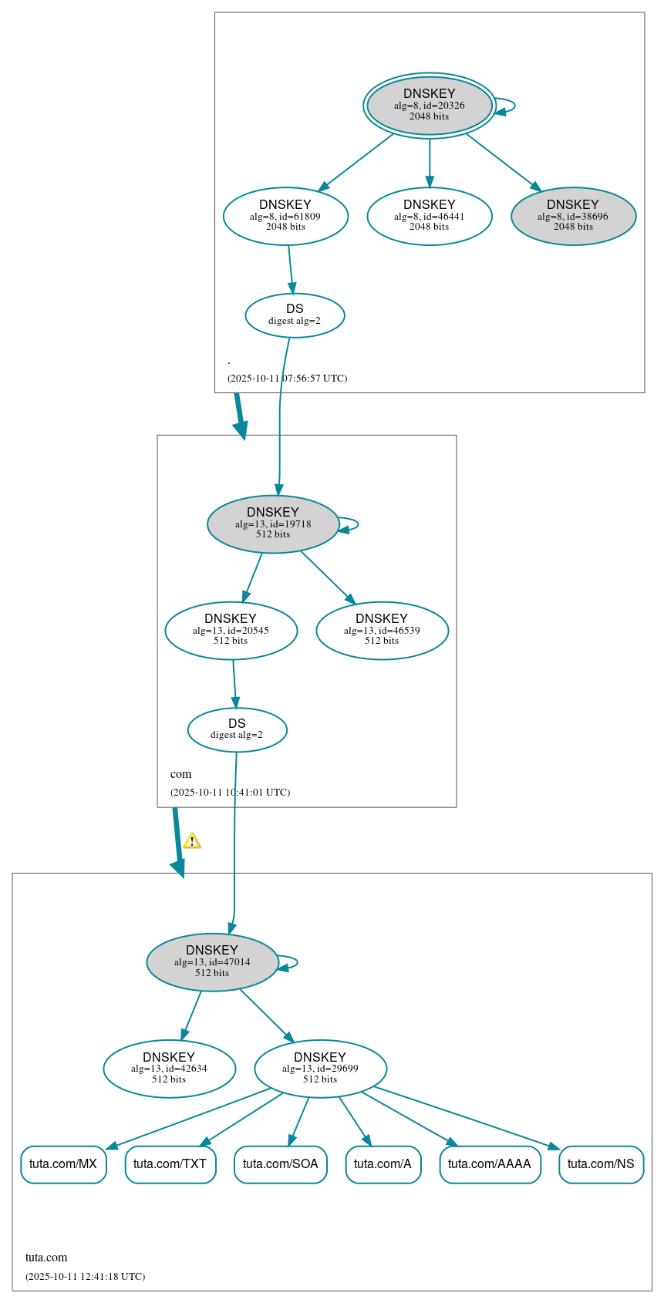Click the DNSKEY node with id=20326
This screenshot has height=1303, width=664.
[x=430, y=106]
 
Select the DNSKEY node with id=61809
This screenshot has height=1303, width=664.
[x=285, y=217]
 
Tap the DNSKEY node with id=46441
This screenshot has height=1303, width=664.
[x=430, y=217]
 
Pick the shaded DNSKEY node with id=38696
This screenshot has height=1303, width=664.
[x=573, y=217]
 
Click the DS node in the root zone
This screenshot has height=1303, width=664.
[x=295, y=315]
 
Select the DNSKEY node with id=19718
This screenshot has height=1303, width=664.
[x=273, y=524]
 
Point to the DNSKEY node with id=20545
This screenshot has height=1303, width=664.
[x=231, y=631]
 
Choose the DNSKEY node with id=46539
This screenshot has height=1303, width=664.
[x=382, y=631]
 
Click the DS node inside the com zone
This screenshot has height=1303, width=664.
[x=237, y=729]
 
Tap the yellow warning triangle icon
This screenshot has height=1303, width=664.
[x=192, y=841]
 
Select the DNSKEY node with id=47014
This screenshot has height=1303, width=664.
[x=212, y=962]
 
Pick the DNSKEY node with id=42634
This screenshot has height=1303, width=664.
[x=169, y=1069]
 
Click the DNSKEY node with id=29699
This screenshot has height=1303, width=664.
[x=320, y=1069]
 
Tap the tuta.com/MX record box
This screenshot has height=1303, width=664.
[x=63, y=1164]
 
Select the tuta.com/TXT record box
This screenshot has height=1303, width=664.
[x=170, y=1164]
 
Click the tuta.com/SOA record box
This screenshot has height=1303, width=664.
[x=281, y=1164]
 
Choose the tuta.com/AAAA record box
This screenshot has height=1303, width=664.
[x=490, y=1164]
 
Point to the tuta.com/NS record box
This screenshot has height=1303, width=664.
[x=601, y=1164]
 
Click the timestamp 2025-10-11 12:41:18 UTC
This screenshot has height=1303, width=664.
[x=85, y=1276]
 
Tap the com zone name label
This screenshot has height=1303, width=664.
[x=181, y=774]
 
